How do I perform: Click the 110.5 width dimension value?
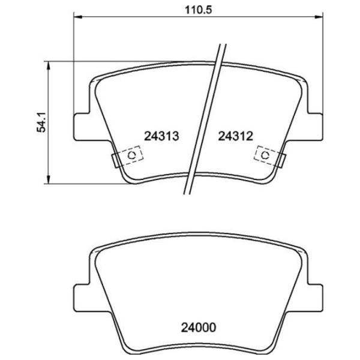point(199,10)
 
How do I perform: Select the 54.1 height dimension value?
point(42,122)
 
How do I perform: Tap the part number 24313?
point(161,136)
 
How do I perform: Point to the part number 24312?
point(236,136)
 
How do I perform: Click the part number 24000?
point(199,328)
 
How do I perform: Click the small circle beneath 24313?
point(132,155)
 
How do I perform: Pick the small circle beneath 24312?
point(265,155)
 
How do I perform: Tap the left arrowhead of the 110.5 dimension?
point(78,17)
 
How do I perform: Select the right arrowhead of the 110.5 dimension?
point(319,17)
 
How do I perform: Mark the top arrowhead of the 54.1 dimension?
point(48,65)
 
